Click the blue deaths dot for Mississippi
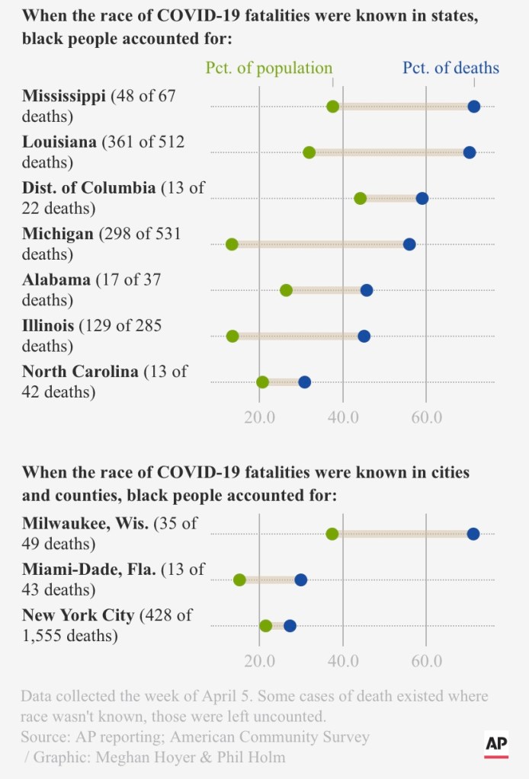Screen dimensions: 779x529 (x=473, y=106)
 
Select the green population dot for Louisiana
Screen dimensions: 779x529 (x=309, y=152)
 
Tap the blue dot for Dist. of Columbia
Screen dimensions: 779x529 (x=422, y=198)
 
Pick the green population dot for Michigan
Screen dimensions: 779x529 (x=232, y=244)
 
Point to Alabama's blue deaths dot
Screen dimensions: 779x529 (x=367, y=290)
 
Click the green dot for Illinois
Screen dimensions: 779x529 (x=232, y=336)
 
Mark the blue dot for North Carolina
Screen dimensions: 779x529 (x=304, y=382)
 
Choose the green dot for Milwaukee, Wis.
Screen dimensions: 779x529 (x=332, y=534)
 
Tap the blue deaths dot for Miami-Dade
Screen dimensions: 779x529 (x=300, y=579)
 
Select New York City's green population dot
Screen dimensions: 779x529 (x=265, y=626)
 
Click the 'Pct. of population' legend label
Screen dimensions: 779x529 (x=269, y=69)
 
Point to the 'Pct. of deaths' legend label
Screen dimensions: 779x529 (x=450, y=69)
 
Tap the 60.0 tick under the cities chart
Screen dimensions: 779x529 (x=426, y=660)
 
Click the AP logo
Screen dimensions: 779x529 (x=496, y=745)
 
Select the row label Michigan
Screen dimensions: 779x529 (x=58, y=234)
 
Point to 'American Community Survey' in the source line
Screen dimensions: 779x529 (x=270, y=736)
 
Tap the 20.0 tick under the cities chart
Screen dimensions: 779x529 (x=259, y=660)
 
